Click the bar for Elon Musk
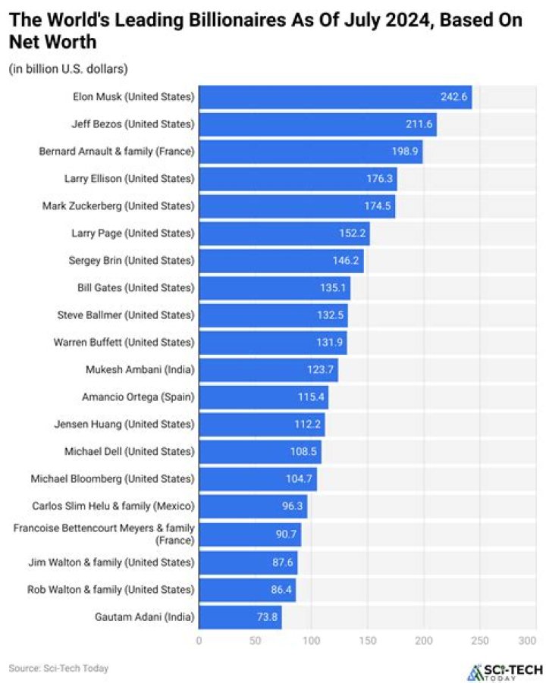[x=334, y=97]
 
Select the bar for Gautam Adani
[x=240, y=616]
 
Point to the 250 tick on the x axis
[x=480, y=641]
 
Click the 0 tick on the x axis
[x=199, y=641]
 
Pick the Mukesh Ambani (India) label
[x=140, y=370]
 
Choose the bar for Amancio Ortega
[x=262, y=397]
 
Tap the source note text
[x=58, y=668]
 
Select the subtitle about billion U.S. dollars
[x=68, y=69]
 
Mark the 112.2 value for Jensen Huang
[x=308, y=425]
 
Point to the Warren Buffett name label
[x=124, y=343]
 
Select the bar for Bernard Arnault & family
[x=309, y=152]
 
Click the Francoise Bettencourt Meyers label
[x=104, y=534]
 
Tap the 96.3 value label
[x=290, y=506]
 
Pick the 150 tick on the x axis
[x=367, y=641]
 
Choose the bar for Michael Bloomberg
[x=256, y=479]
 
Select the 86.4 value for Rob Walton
[x=279, y=589]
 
